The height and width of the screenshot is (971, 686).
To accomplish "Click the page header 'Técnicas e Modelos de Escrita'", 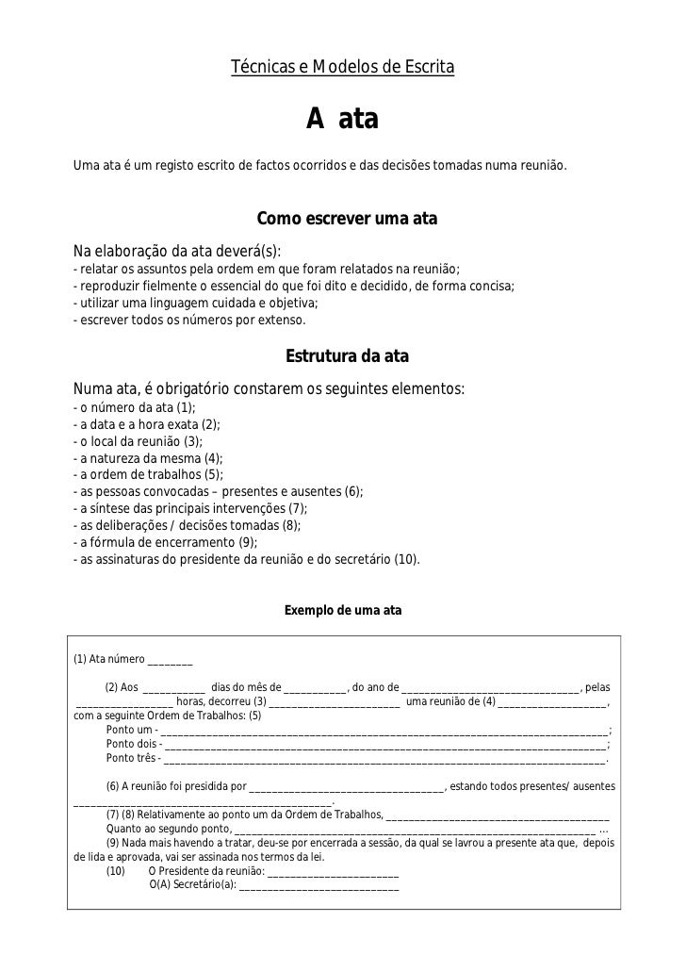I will (343, 69).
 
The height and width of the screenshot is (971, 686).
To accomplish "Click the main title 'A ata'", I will (341, 120).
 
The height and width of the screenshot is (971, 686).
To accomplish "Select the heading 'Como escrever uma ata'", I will (347, 220).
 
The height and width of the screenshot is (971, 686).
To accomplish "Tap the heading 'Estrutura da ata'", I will (347, 358).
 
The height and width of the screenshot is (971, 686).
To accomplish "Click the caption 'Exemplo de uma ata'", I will (343, 611).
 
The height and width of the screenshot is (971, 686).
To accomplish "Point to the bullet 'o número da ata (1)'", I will (134, 407).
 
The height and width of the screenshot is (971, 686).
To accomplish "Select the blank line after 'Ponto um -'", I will (385, 732).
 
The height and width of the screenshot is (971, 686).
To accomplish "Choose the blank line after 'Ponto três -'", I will (385, 759).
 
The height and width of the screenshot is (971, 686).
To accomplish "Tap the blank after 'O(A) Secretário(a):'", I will (319, 887).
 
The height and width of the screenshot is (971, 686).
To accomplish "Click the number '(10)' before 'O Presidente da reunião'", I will (116, 872).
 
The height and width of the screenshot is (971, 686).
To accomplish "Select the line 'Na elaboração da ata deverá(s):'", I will (177, 251).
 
